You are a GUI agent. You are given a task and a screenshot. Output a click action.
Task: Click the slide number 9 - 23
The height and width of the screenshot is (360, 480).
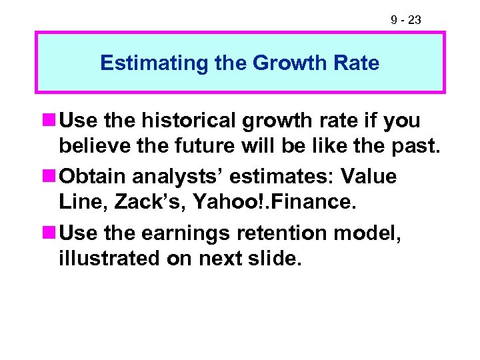(x=405, y=20)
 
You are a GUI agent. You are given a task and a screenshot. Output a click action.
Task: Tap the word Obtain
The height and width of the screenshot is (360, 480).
(x=93, y=177)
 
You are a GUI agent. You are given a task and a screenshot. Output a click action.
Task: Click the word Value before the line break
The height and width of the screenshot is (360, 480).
(x=369, y=177)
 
